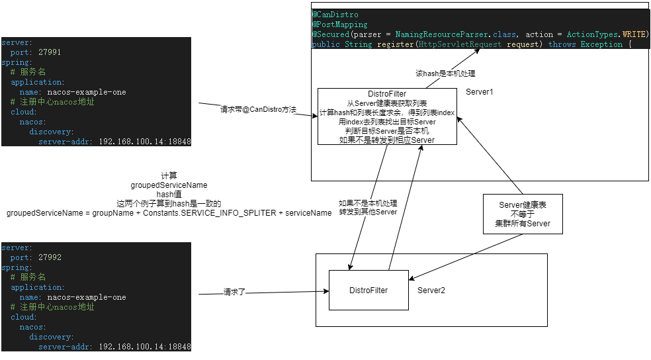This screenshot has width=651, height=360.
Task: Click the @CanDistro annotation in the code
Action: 335,14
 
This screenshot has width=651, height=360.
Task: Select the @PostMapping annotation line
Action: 339,24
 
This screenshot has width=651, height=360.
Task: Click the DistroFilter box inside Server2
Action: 369,290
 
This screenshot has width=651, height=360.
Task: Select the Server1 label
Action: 480,91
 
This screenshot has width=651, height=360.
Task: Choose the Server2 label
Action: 431,290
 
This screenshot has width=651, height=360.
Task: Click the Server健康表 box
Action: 522,214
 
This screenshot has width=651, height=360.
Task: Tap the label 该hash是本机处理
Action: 445,73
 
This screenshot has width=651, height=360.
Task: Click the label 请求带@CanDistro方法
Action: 258,109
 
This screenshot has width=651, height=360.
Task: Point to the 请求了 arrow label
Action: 235,291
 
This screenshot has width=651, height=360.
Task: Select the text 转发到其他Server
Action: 368,212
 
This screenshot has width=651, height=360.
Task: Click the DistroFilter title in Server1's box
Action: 387,94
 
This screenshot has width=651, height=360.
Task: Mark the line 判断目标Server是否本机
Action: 387,131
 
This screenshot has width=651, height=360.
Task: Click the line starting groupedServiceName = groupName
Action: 169,213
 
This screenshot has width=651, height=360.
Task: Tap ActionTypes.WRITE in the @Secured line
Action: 609,34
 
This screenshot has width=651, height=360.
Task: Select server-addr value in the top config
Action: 144,142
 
